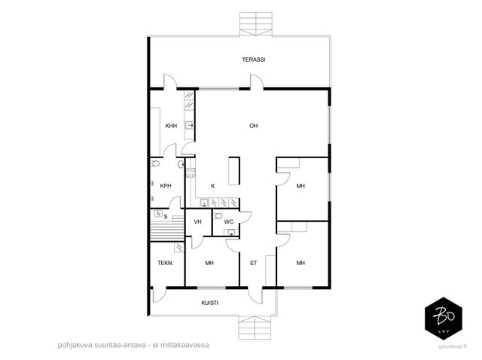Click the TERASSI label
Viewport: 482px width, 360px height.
point(254,59)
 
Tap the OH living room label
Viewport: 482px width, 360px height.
point(254,126)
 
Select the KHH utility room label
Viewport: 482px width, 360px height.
point(171,126)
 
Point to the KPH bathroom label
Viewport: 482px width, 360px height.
point(166,186)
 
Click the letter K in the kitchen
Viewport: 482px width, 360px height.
point(212,186)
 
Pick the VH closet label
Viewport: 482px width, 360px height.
point(197,221)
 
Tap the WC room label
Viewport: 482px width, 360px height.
point(229,221)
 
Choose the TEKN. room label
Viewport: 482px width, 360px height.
point(166,263)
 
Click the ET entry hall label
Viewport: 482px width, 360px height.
point(254,263)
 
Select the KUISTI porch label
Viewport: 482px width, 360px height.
point(210,303)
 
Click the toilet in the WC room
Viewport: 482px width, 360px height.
point(218,215)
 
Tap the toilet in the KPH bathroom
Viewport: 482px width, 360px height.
point(155,163)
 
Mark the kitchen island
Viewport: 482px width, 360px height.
point(234,171)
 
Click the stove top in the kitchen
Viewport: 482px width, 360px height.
point(191,172)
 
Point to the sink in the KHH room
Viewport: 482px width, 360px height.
point(189,126)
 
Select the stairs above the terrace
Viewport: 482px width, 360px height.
point(256,24)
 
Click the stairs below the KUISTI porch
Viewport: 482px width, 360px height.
point(255,328)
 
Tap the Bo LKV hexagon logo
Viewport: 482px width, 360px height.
point(444,319)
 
